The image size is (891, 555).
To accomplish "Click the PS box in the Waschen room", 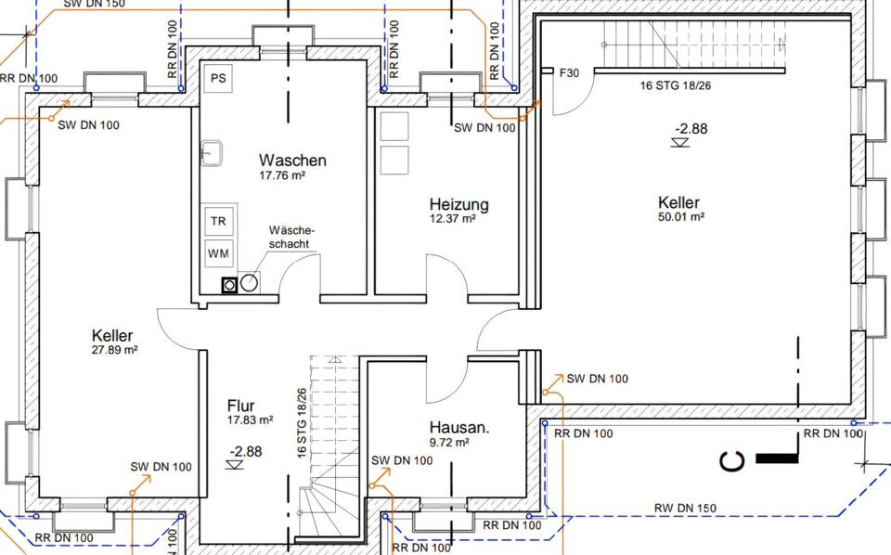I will click(219, 78).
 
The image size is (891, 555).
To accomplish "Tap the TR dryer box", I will click(218, 222).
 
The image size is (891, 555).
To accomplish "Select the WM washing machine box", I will click(218, 252).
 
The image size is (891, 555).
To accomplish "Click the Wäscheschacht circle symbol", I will click(250, 283).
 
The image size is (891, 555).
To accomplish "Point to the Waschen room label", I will click(292, 160).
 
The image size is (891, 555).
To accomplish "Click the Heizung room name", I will click(458, 204).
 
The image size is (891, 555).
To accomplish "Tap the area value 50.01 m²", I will click(680, 217).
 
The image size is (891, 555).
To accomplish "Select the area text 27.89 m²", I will click(114, 350).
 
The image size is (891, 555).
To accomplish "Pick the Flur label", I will click(240, 406).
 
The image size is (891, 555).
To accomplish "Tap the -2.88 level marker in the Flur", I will click(246, 452).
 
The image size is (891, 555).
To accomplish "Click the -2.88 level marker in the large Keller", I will click(691, 129).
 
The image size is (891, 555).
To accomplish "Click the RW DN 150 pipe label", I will click(686, 508).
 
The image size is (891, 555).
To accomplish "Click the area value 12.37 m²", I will click(453, 219).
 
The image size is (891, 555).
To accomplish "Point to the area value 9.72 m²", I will click(448, 443).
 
